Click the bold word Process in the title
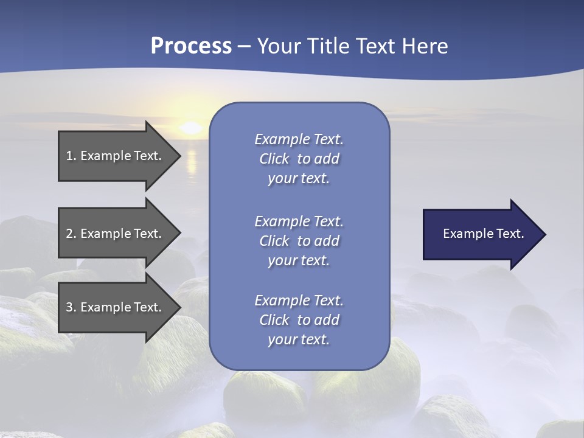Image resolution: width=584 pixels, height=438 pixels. coord(191,46)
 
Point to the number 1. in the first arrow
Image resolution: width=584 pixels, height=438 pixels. coord(71,156)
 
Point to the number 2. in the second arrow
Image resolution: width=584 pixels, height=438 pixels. coord(71,234)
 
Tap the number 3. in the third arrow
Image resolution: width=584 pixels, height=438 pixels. coord(71,307)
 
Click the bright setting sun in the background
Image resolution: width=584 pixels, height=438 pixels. coord(191,128)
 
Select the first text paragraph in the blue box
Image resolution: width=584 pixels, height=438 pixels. coord(299,159)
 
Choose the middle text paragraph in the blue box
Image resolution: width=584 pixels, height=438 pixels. coord(299,240)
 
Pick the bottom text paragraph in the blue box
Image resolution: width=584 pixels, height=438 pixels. coord(299,320)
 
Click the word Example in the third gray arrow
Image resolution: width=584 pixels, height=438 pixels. coord(105,307)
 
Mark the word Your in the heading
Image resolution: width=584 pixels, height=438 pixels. coord(279,46)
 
